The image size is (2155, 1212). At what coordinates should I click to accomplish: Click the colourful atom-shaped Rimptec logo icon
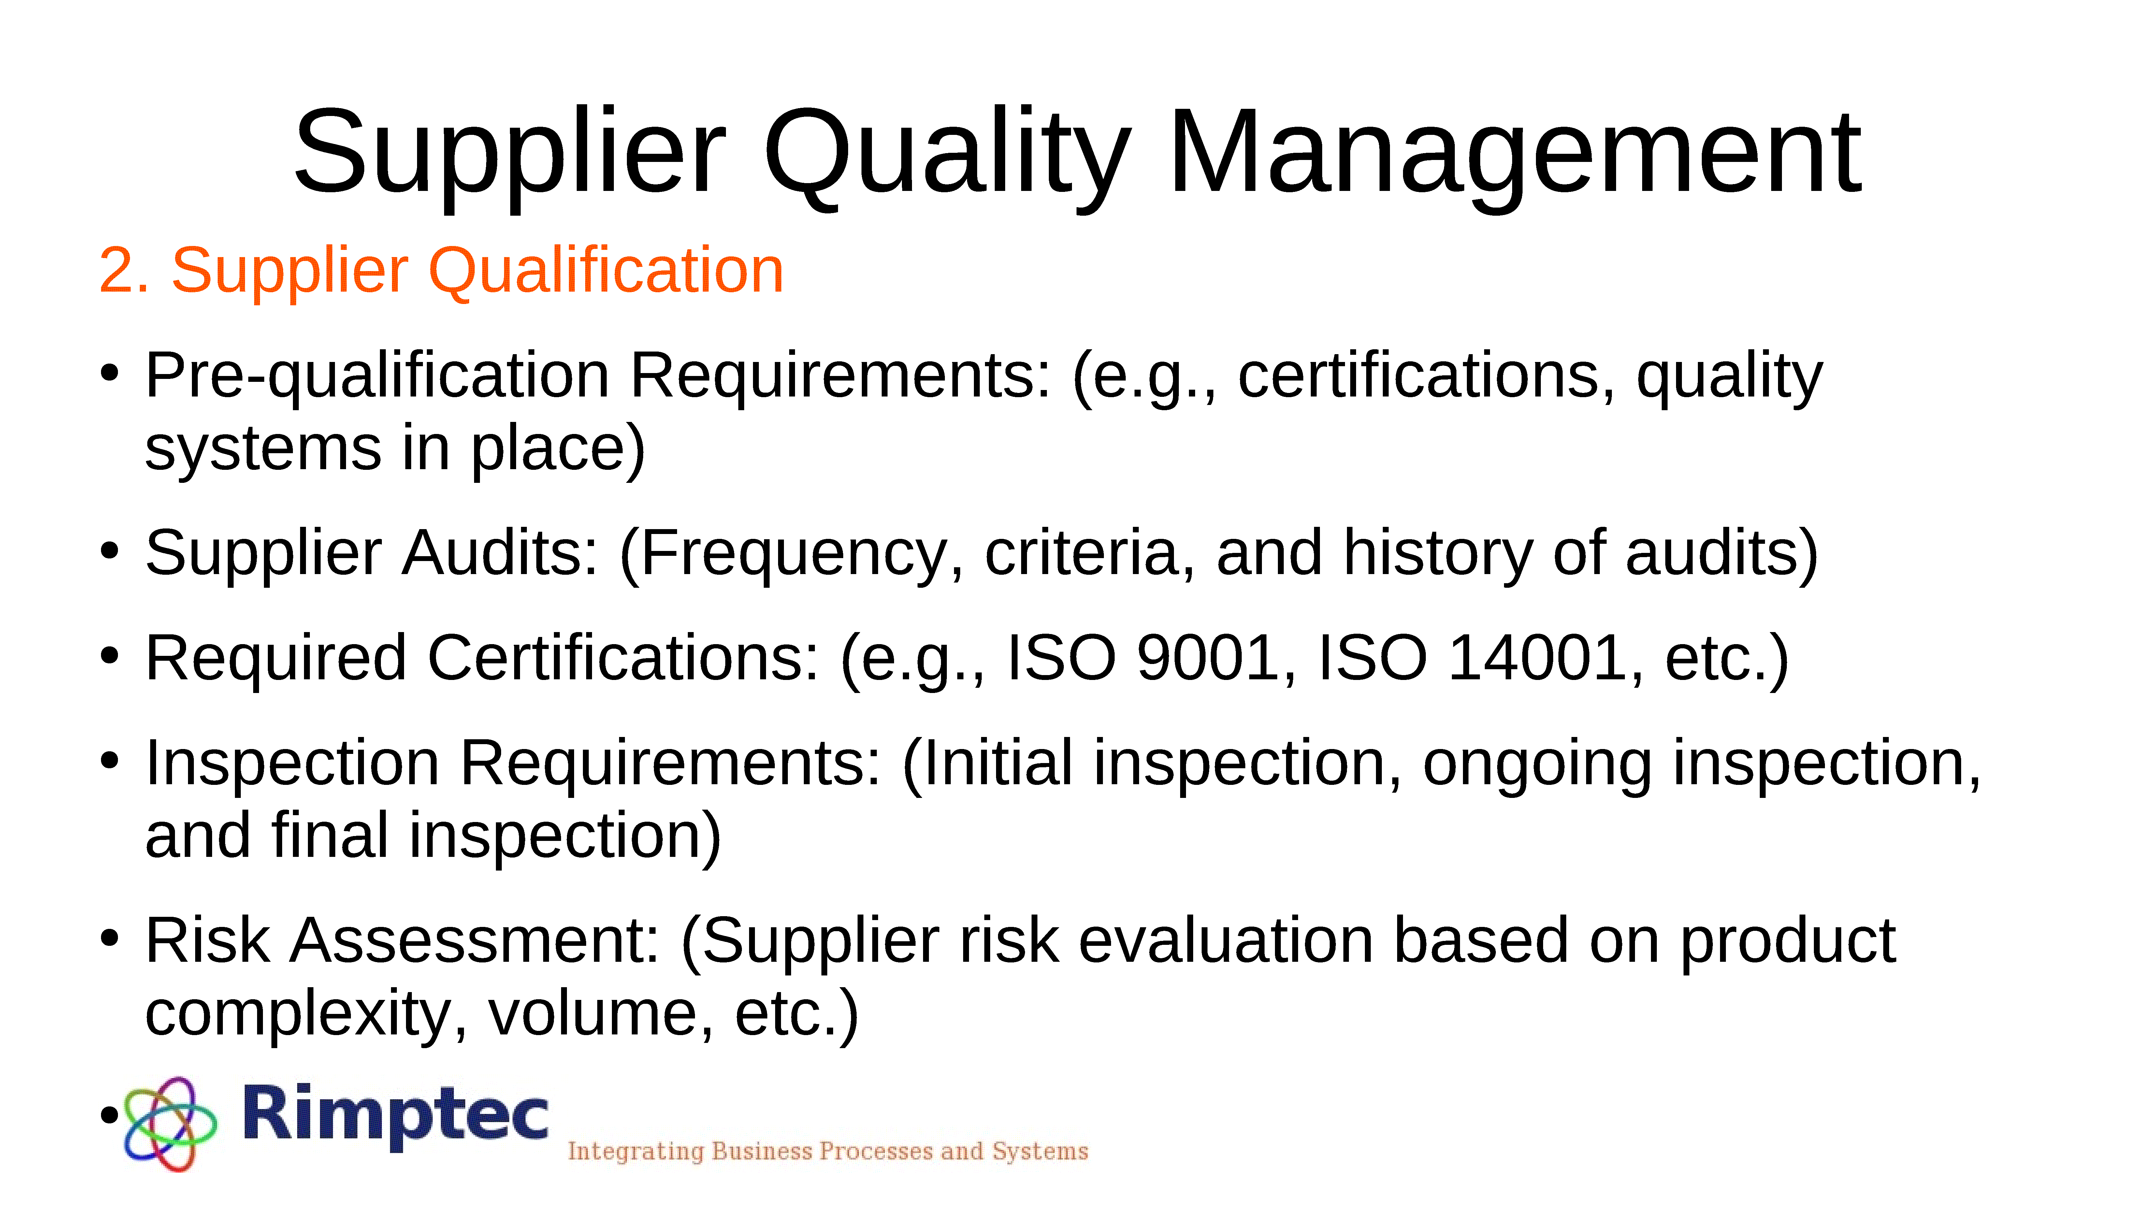pyautogui.click(x=170, y=1124)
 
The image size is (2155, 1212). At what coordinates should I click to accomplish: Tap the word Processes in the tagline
pyautogui.click(x=876, y=1152)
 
